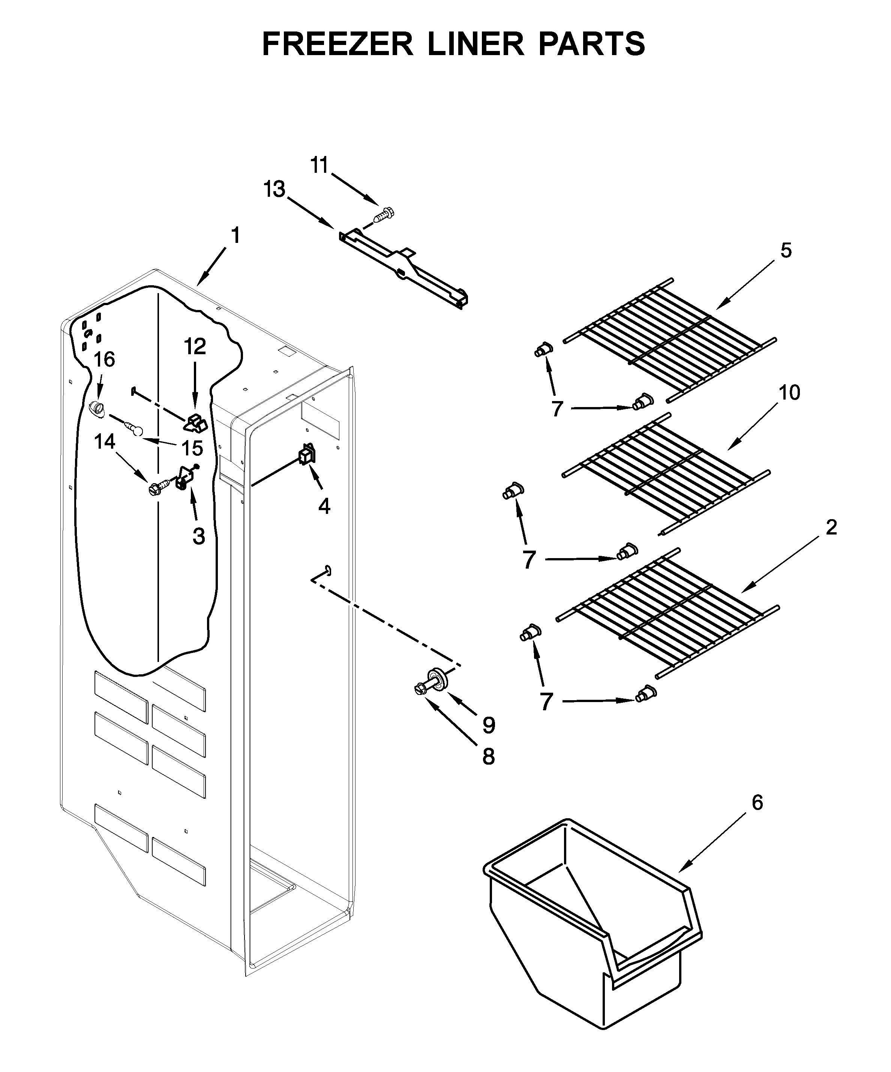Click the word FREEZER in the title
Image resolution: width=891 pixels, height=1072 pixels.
[337, 44]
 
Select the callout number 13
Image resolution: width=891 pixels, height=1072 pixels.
[274, 189]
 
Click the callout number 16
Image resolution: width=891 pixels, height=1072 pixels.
[104, 359]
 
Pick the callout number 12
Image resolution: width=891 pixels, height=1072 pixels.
[195, 347]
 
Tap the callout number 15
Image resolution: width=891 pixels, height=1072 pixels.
[192, 448]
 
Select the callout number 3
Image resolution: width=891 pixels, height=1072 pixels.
[199, 536]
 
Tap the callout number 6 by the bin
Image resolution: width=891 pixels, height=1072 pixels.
[757, 803]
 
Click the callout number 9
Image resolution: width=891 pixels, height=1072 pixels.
[489, 725]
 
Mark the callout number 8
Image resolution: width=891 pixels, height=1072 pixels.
[488, 757]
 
